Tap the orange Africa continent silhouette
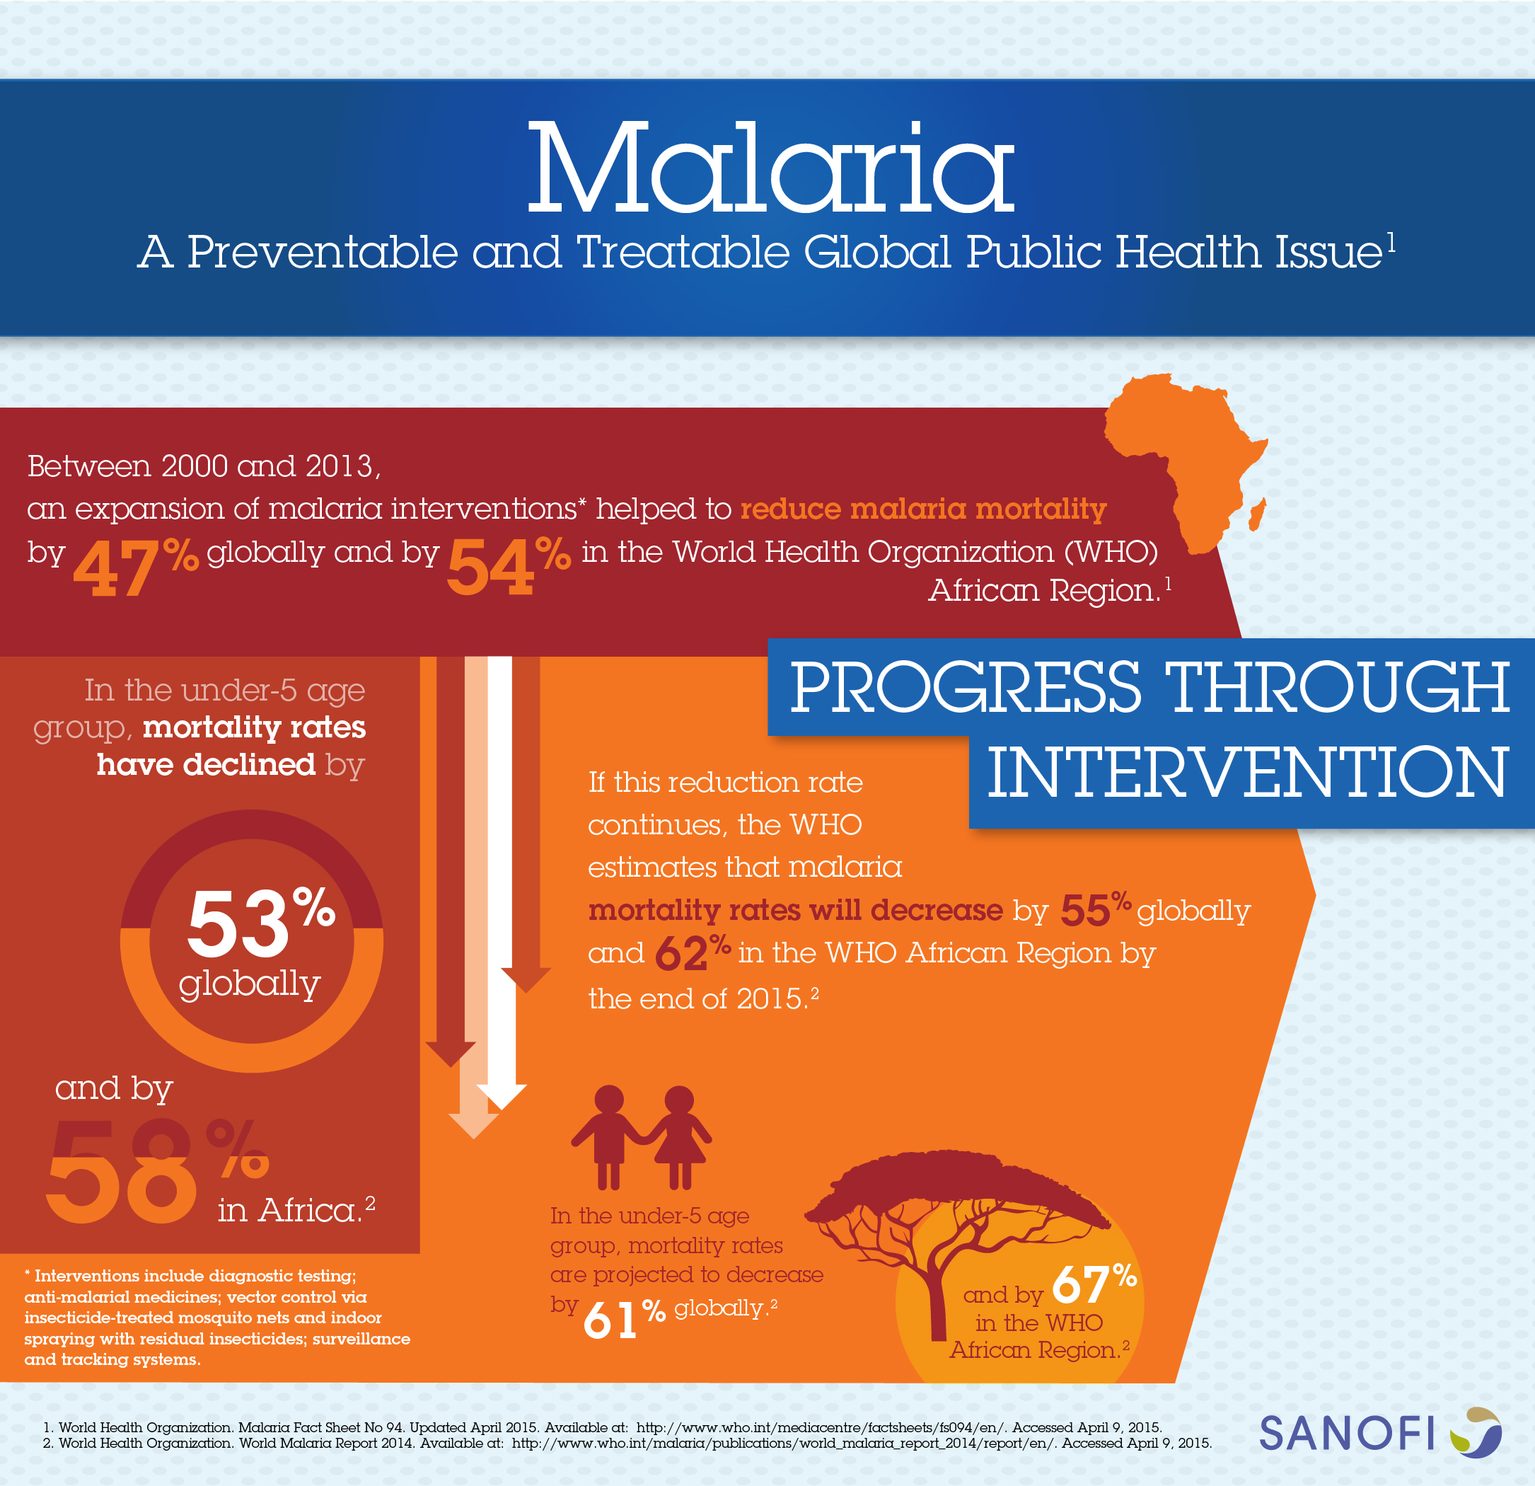click(x=1183, y=462)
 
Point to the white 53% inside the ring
click(x=261, y=922)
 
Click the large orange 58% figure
click(x=156, y=1170)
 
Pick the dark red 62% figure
click(x=693, y=952)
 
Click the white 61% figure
click(x=624, y=1318)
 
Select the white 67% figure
click(x=1094, y=1282)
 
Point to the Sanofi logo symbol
click(x=1476, y=1432)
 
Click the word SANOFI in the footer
click(x=1346, y=1434)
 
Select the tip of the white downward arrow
click(x=502, y=1110)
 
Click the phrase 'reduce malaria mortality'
click(x=923, y=509)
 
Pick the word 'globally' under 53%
click(x=250, y=984)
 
